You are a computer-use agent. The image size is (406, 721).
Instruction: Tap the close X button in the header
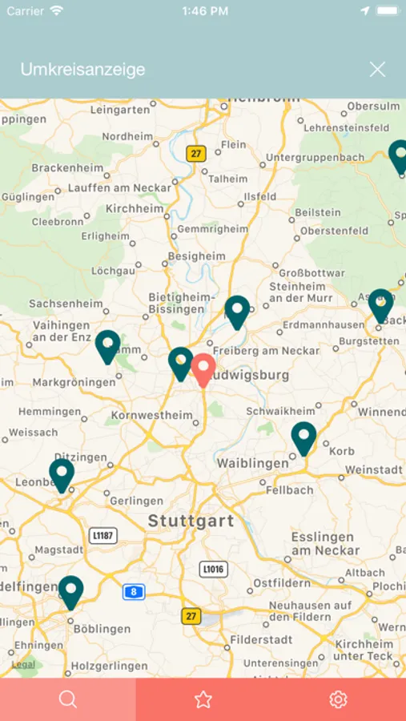(x=377, y=70)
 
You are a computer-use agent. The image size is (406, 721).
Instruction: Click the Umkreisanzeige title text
(x=82, y=70)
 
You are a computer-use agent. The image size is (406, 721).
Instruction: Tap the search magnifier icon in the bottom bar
(x=68, y=699)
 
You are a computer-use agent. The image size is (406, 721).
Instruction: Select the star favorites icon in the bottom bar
(x=203, y=699)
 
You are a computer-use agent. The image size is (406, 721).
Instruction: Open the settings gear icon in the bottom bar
(x=338, y=699)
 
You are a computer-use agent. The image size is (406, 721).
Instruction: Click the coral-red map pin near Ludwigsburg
(x=203, y=369)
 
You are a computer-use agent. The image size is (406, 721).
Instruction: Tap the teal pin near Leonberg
(x=62, y=474)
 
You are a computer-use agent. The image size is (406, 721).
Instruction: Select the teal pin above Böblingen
(x=71, y=591)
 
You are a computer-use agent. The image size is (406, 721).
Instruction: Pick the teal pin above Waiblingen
(x=303, y=437)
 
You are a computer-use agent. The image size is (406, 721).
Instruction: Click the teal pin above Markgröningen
(x=107, y=346)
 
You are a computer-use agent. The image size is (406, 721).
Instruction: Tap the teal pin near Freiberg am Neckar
(x=237, y=311)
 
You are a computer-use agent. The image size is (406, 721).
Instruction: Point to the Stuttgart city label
(x=191, y=522)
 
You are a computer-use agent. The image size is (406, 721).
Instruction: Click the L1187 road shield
(x=103, y=535)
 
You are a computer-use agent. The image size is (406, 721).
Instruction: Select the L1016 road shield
(x=213, y=569)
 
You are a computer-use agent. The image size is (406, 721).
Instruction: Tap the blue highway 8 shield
(x=134, y=592)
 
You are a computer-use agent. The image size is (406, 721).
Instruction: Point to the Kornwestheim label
(x=152, y=415)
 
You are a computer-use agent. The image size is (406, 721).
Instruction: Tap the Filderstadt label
(x=261, y=640)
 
